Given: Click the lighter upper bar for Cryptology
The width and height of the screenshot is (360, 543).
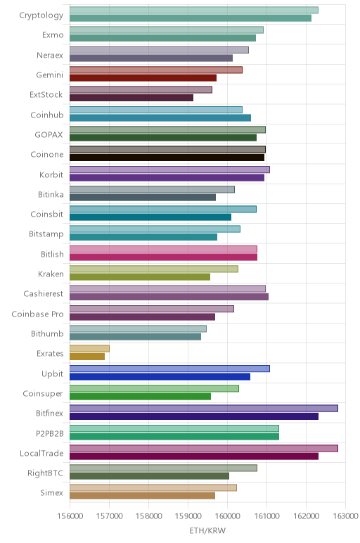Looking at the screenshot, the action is click(194, 11).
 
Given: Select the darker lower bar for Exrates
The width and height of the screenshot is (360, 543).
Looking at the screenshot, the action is click(87, 357).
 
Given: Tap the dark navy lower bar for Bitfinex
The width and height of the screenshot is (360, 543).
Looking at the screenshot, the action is click(194, 416).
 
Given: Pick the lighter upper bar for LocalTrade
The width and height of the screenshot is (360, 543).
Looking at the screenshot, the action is click(203, 448).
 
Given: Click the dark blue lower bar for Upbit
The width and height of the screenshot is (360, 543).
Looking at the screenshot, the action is click(160, 376).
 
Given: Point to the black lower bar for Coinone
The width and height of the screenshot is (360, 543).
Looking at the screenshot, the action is click(167, 158).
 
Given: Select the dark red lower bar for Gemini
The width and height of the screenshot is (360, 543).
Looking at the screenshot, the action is click(143, 78).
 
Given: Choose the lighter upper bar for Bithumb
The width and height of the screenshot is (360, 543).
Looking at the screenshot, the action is click(138, 328).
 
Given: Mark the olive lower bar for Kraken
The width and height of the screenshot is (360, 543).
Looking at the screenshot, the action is click(140, 277).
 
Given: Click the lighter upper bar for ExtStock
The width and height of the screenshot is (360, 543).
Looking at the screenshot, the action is click(141, 90).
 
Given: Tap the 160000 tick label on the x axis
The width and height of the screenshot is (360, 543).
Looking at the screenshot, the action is click(227, 516).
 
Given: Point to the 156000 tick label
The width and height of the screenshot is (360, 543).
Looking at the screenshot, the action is click(70, 516).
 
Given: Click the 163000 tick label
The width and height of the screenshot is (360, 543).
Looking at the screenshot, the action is click(345, 516).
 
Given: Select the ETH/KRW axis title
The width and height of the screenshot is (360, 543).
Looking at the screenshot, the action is click(207, 530).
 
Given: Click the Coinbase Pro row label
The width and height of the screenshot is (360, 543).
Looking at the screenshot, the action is click(37, 314).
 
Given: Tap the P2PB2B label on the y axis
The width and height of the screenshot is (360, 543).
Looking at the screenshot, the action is click(50, 433).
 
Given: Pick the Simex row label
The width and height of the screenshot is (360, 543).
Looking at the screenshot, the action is click(51, 493).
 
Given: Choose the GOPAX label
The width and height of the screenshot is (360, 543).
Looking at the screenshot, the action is click(49, 135).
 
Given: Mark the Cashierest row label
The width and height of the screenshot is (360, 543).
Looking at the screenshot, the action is click(44, 294).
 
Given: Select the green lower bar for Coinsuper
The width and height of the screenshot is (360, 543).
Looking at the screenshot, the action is click(140, 397).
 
